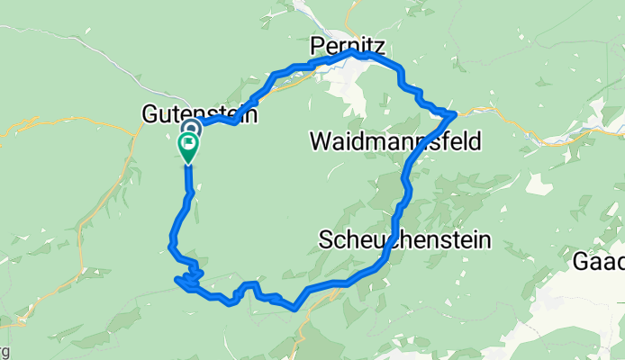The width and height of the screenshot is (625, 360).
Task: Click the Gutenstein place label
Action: (x=200, y=115)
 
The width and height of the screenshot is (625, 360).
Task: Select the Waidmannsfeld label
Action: (x=394, y=141)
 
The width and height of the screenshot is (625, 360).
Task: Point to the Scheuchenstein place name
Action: (x=405, y=240)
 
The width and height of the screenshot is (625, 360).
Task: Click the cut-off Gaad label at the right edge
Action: (x=600, y=261)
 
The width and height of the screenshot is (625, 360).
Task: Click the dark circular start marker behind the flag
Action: (x=191, y=129)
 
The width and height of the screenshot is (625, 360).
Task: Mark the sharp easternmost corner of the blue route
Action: (x=455, y=113)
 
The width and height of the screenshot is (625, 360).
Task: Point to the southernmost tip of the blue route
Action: (x=294, y=309)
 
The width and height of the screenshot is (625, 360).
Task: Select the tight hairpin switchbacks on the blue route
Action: (x=190, y=280)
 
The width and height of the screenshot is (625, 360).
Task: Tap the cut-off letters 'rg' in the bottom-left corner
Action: (x=5, y=350)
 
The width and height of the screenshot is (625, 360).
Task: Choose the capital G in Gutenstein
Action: (x=150, y=115)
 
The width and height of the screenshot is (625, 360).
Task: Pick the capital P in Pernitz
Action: (x=316, y=43)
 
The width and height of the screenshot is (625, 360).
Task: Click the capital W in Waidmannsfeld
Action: (x=320, y=141)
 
